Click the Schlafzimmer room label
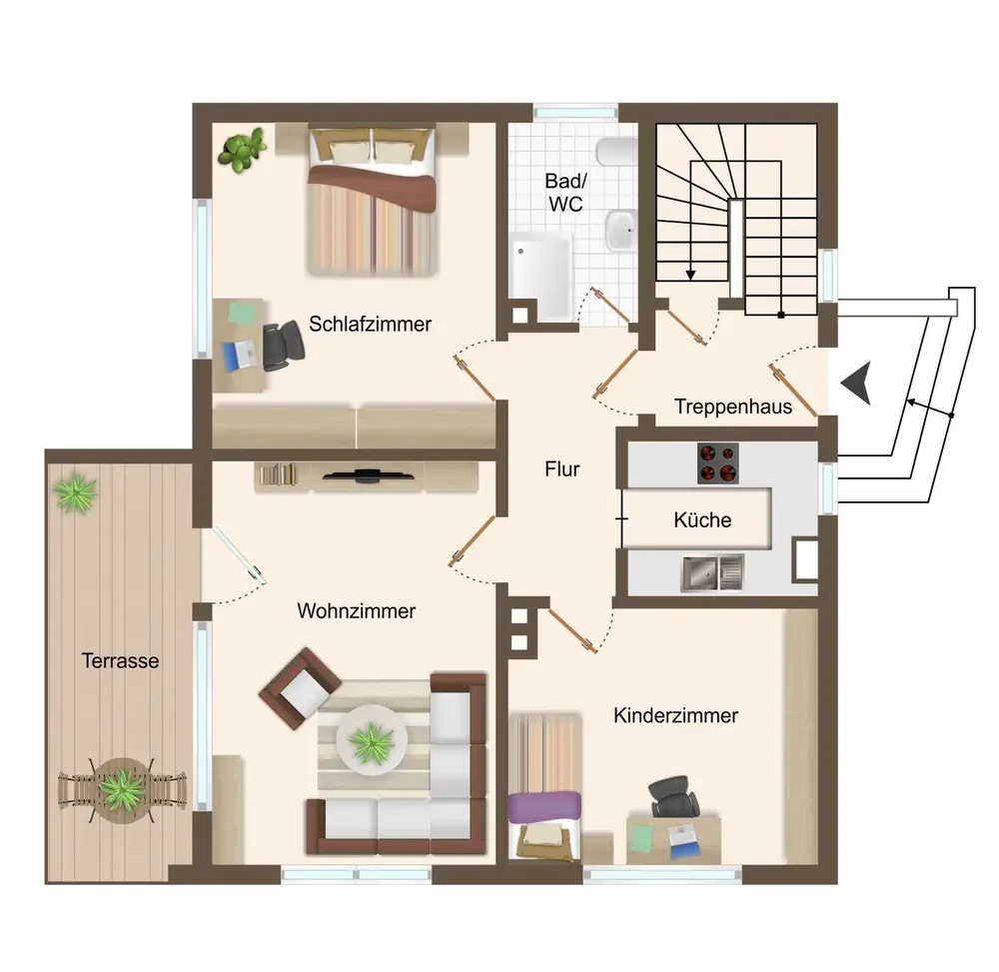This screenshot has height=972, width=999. coord(371,325)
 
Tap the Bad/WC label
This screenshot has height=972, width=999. coord(565,193)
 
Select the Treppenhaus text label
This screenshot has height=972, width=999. coord(733,407)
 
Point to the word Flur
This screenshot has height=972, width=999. coord(561,470)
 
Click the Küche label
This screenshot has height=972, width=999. coord(702,519)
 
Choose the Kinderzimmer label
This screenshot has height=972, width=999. coord(675,715)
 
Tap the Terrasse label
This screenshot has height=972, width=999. coord(121,660)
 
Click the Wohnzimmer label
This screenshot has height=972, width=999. coord(357,611)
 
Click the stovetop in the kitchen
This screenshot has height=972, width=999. coord(718,464)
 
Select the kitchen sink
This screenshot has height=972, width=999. coord(713,572)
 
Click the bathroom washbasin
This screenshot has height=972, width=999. coord(620,230)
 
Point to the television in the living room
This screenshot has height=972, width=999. coord(368,475)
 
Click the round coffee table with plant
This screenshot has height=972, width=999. coord(372,740)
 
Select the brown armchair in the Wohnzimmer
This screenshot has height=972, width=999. coord(300,688)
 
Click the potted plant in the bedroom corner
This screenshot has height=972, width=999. coord(242,150)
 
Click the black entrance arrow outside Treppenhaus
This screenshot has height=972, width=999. coord(856,383)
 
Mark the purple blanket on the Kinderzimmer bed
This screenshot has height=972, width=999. coord(545,806)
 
